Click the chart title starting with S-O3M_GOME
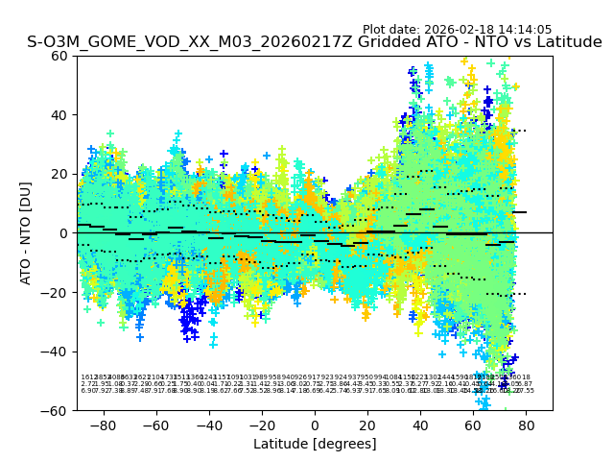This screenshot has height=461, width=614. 315,42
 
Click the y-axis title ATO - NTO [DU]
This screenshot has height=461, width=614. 27,233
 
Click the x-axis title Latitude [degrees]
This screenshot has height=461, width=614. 315,444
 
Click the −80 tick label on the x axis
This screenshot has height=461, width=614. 103,425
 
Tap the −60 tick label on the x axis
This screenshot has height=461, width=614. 155,425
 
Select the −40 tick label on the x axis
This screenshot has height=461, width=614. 208,425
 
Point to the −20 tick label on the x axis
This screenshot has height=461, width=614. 261,425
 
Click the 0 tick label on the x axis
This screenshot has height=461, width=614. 315,425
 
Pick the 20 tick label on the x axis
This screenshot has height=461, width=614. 367,425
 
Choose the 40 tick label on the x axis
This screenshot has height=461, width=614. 420,425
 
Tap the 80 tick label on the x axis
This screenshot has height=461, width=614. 527,425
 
